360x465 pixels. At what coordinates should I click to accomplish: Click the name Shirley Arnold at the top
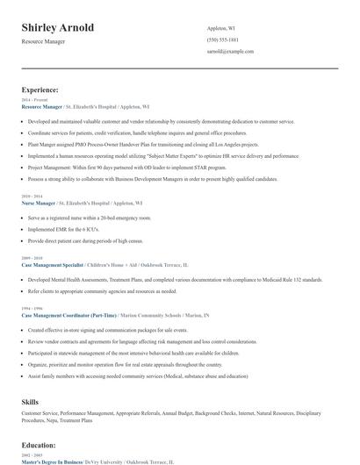pyautogui.click(x=58, y=28)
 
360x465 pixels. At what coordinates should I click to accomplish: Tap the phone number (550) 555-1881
pyautogui.click(x=223, y=39)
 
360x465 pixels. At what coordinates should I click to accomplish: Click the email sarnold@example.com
pyautogui.click(x=230, y=51)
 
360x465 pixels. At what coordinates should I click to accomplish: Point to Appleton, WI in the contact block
pyautogui.click(x=221, y=28)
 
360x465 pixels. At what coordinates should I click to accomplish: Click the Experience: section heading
pyautogui.click(x=40, y=89)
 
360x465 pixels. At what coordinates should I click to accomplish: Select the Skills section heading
pyautogui.click(x=30, y=400)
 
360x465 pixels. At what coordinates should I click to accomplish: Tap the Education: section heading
pyautogui.click(x=39, y=447)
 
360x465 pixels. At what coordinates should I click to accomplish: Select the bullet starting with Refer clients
pyautogui.click(x=102, y=290)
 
